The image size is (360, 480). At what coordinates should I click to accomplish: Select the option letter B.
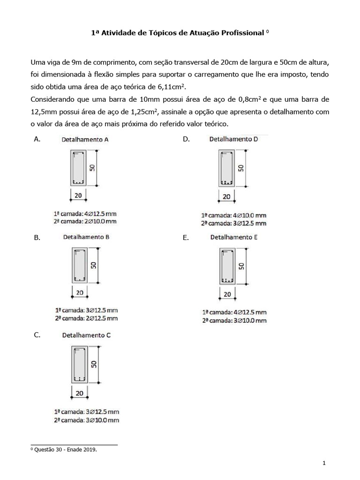tap(37, 238)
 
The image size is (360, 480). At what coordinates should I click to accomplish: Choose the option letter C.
tap(37, 335)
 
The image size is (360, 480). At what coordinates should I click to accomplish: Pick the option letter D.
tap(186, 139)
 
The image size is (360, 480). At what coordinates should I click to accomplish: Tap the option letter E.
tap(186, 238)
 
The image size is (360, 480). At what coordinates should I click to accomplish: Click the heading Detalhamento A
tap(85, 139)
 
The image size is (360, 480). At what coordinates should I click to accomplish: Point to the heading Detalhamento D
tap(233, 139)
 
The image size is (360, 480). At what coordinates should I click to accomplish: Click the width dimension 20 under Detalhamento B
tap(79, 292)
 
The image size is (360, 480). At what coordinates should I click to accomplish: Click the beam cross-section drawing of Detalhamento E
tap(227, 266)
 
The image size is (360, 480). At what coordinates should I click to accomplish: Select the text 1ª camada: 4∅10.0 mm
tap(233, 215)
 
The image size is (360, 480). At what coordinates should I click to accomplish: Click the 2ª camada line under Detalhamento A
tap(85, 221)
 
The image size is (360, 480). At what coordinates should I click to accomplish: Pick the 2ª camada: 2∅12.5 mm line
tap(86, 318)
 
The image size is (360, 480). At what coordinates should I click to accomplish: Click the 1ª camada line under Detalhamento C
tap(86, 412)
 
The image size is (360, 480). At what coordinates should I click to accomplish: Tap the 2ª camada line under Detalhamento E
tap(234, 320)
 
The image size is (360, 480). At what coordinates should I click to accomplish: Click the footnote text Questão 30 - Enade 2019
tap(64, 450)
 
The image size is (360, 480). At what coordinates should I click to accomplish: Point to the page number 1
tap(324, 464)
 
